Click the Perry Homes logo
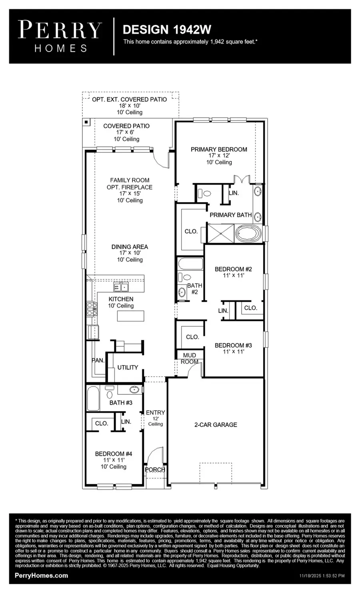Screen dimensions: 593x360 pos(60,36)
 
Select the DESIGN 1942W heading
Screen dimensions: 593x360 pos(167,29)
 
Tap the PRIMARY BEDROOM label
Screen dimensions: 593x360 pos(219,150)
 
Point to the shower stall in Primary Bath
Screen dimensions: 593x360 pos(220,233)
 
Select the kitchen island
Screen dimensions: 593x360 pos(130,316)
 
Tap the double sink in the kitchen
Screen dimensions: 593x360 pos(121,287)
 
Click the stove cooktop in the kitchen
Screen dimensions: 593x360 pos(92,309)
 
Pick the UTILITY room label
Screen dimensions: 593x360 pos(128,367)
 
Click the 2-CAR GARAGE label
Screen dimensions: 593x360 pos(216,425)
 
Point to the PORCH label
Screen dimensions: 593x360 pos(155,469)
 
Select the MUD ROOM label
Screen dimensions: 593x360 pos(189,358)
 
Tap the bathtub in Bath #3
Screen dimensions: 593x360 pos(93,398)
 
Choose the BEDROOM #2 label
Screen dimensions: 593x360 pos(233,269)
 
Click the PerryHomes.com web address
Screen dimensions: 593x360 pos(41,575)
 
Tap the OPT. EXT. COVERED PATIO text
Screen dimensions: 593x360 pos(129,99)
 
